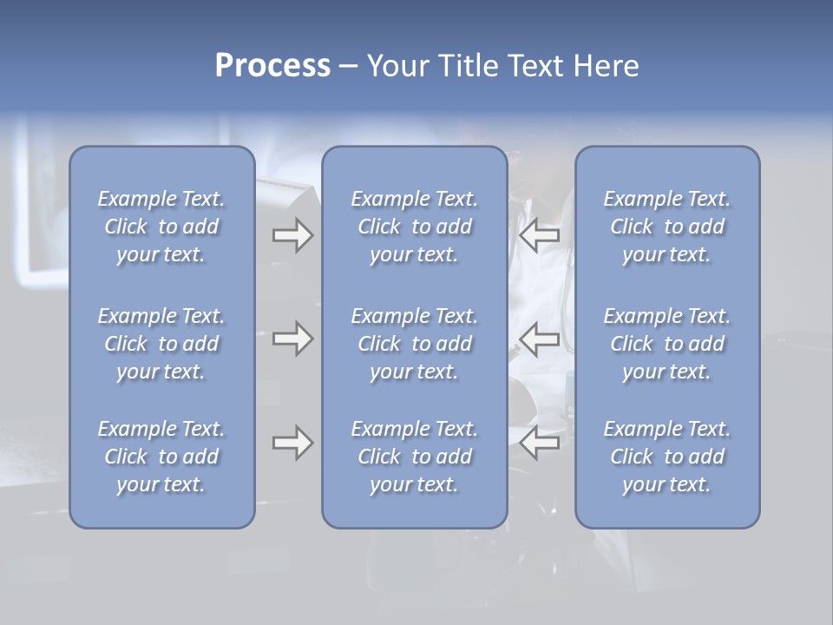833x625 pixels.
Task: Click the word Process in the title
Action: tap(272, 66)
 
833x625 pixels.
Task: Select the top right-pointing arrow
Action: tap(293, 235)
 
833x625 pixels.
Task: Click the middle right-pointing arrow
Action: tap(293, 339)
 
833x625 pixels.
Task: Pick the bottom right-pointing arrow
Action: tap(293, 443)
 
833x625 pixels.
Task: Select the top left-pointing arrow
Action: tap(539, 235)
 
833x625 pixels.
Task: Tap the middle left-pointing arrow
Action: tap(539, 339)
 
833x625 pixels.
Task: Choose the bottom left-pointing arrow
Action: tap(539, 443)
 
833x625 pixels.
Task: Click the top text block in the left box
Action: tap(161, 227)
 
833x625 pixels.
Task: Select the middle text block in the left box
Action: tap(161, 344)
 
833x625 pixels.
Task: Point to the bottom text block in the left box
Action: tap(161, 457)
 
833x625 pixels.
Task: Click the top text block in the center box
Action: tap(414, 227)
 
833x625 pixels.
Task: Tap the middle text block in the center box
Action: tap(414, 344)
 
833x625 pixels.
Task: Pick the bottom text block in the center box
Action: tap(414, 457)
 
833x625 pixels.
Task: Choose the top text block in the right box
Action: tap(666, 227)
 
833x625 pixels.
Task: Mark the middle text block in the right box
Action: tap(666, 344)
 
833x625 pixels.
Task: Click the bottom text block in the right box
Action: tap(666, 457)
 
